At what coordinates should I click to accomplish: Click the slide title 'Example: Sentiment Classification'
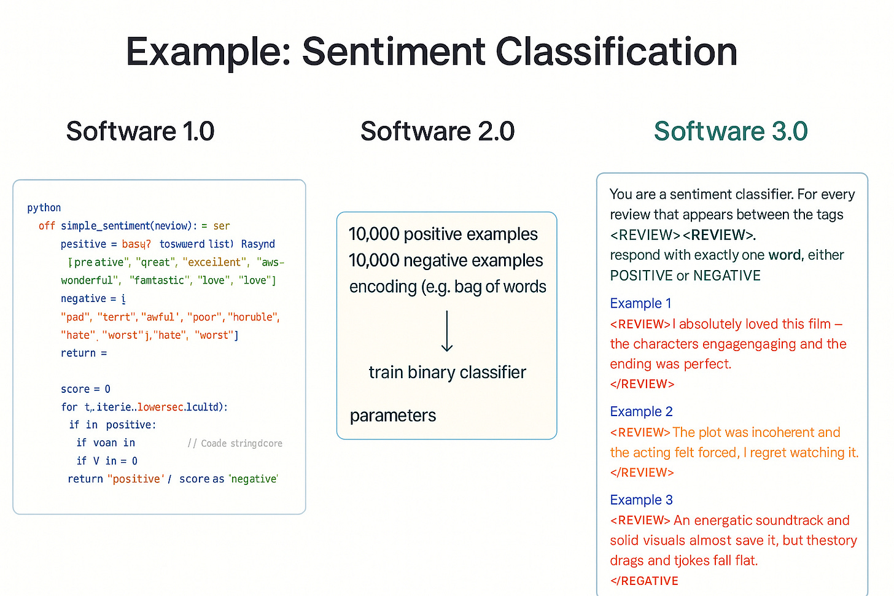(x=432, y=52)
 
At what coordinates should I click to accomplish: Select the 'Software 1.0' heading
(x=140, y=131)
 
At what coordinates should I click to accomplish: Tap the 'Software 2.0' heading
(x=437, y=131)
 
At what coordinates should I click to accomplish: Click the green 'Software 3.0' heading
(x=731, y=131)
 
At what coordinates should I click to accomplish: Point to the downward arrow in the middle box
(x=447, y=331)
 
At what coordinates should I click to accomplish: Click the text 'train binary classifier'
(x=447, y=373)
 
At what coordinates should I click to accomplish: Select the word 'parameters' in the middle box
(x=393, y=416)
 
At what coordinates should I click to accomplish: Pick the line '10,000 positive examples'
(x=443, y=234)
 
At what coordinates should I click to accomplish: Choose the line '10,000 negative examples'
(x=446, y=261)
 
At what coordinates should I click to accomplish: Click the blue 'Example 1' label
(x=640, y=303)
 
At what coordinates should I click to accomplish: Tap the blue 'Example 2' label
(x=641, y=411)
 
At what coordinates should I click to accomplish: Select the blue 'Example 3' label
(x=641, y=500)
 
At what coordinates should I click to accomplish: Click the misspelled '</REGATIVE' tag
(x=644, y=581)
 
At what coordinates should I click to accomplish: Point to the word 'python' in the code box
(x=44, y=207)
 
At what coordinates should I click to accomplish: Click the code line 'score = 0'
(x=85, y=389)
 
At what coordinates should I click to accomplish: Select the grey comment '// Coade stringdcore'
(x=235, y=443)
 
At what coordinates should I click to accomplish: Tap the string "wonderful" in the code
(x=90, y=281)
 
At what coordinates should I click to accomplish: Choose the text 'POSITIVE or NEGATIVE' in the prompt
(x=685, y=276)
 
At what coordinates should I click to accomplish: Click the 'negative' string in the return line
(x=254, y=479)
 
